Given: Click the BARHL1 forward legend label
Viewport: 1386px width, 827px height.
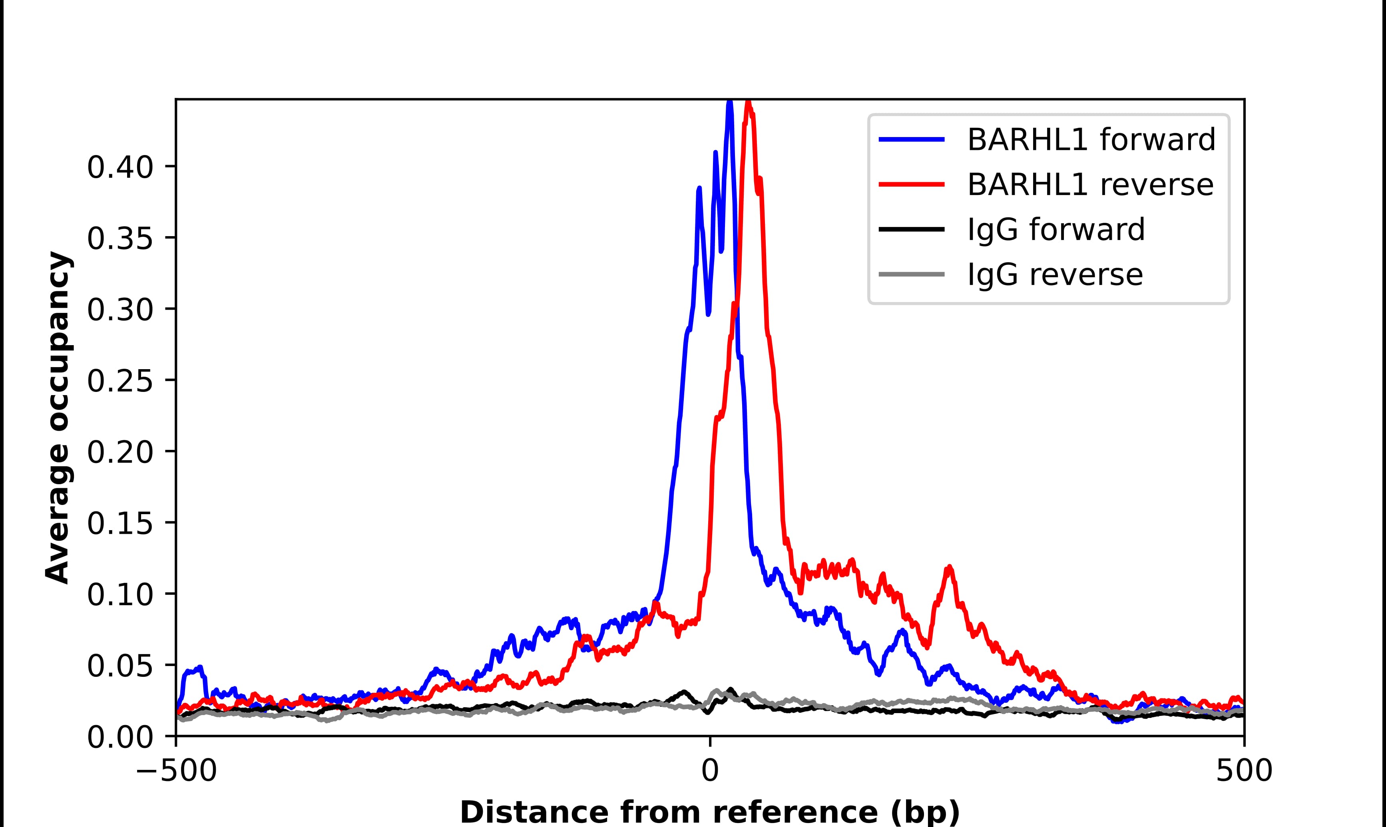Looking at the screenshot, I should coord(1091,140).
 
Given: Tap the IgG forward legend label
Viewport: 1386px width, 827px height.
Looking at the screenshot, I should coord(1055,230).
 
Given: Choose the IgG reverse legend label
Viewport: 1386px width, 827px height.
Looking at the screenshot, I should coord(1054,275).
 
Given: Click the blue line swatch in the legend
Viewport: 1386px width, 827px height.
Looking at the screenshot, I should coord(912,140).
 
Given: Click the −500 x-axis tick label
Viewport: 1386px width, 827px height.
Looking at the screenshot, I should coord(176,772).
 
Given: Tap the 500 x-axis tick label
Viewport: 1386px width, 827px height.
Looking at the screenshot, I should coord(1244,772).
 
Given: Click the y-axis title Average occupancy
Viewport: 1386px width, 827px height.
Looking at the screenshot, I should coord(58,417).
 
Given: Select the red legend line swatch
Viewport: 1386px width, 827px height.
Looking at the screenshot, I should coord(912,185).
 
